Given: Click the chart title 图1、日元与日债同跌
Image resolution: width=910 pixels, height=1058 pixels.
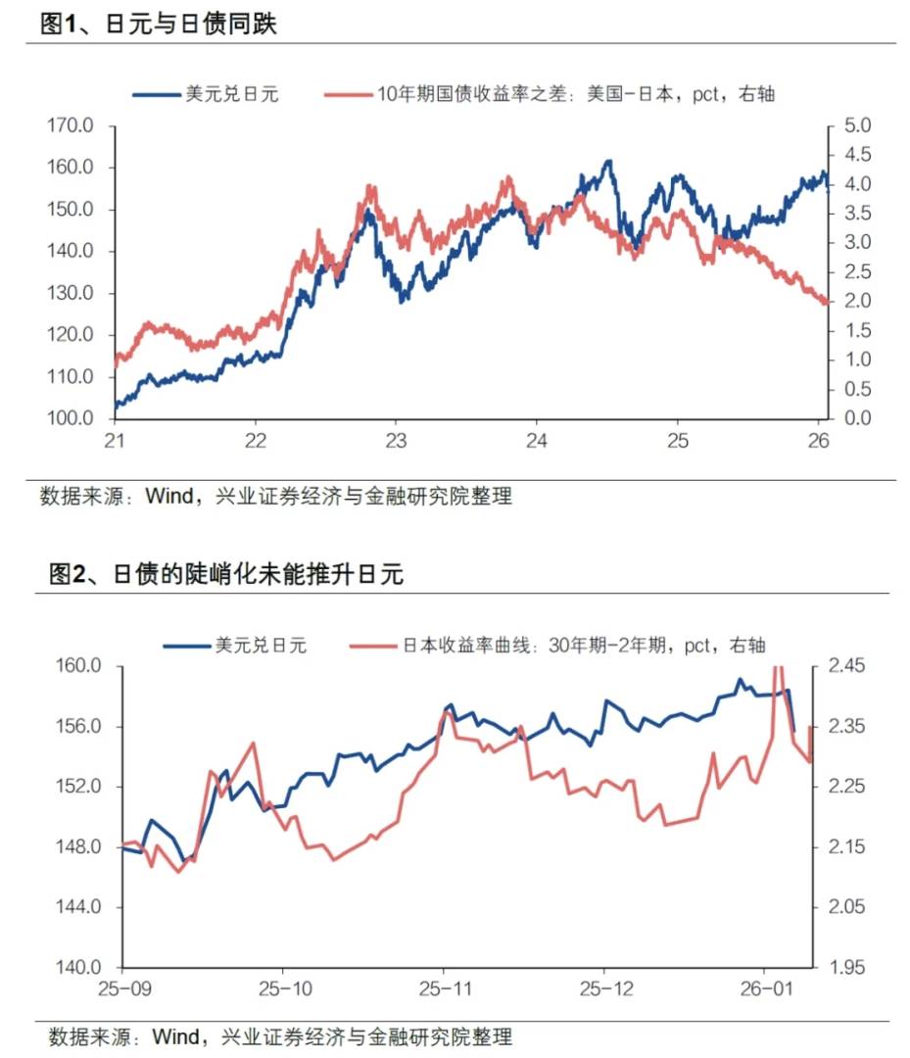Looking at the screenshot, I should tap(158, 24).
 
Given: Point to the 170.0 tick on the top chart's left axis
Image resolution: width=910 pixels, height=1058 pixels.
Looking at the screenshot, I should tap(71, 126).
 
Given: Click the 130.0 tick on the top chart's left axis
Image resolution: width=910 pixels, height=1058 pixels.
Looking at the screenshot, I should tap(71, 294).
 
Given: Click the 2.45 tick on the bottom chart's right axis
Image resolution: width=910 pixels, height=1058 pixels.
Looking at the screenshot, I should tap(846, 667).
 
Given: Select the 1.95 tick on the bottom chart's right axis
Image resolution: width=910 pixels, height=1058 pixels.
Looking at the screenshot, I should tap(846, 968).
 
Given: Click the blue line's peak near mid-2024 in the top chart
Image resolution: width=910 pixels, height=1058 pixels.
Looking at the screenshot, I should tap(608, 162).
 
